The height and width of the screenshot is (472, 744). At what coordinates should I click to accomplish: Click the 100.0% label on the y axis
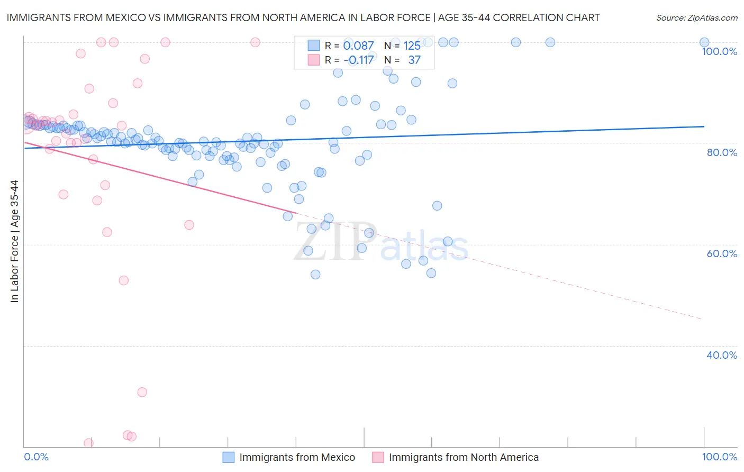pos(719,51)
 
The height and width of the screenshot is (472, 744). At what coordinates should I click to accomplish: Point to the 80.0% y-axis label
pos(722,152)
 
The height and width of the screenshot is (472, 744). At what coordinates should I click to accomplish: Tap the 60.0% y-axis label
pos(722,253)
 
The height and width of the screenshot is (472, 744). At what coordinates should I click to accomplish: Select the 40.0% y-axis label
pos(722,355)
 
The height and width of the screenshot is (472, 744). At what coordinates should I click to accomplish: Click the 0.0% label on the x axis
pos(37,457)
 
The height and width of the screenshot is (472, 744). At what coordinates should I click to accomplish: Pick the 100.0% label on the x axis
pos(719,457)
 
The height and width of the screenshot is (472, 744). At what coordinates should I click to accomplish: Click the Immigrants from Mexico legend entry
pos(297,457)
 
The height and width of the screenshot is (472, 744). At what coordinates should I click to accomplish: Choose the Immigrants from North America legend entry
pos(464,457)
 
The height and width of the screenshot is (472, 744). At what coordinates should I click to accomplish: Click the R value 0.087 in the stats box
pos(358,46)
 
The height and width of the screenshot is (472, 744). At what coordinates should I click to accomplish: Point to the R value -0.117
pos(358,60)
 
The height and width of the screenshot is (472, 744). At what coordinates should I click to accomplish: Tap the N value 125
pos(412,46)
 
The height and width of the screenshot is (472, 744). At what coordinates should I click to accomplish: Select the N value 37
pos(414,60)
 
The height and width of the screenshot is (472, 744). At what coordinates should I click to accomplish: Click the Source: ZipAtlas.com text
pos(696,17)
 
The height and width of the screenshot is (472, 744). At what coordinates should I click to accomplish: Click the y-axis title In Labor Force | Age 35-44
pos(14,241)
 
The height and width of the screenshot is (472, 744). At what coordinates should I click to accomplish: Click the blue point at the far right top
pos(704,42)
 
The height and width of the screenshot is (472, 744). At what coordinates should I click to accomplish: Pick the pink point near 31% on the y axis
pos(142,392)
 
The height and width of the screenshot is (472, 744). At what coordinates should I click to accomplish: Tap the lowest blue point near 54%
pos(315,274)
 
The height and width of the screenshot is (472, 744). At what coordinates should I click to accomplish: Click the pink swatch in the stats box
pos(314,60)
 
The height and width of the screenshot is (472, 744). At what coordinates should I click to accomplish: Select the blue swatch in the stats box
pos(314,46)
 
